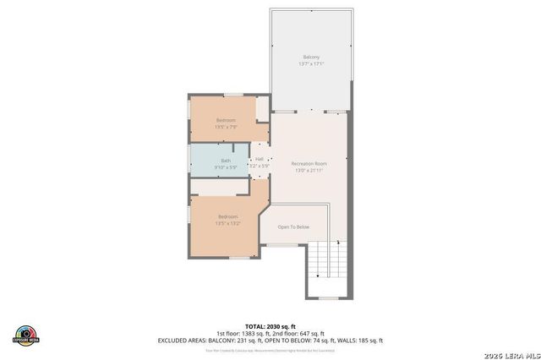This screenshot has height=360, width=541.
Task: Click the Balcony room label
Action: pos(312,57)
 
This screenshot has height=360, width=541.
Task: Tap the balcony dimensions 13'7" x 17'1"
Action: pos(312,64)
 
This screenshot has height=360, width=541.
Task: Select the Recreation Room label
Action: pos(309,163)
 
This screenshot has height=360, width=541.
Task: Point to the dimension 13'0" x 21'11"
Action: pos(309,171)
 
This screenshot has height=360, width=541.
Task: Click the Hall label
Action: pos(260,159)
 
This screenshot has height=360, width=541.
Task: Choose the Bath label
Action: pos(226,161)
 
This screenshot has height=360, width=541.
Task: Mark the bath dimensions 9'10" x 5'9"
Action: pos(226,167)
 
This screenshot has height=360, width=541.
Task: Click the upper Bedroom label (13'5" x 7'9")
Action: pos(226,120)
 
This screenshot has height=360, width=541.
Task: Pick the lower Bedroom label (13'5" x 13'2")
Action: pos(227,217)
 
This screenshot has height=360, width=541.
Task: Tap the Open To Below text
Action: pos(293,226)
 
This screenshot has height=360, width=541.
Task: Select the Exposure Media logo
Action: pos(27,334)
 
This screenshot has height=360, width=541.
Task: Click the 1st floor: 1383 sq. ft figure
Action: pos(243,333)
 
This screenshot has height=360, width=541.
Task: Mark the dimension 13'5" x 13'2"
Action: pos(227,224)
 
